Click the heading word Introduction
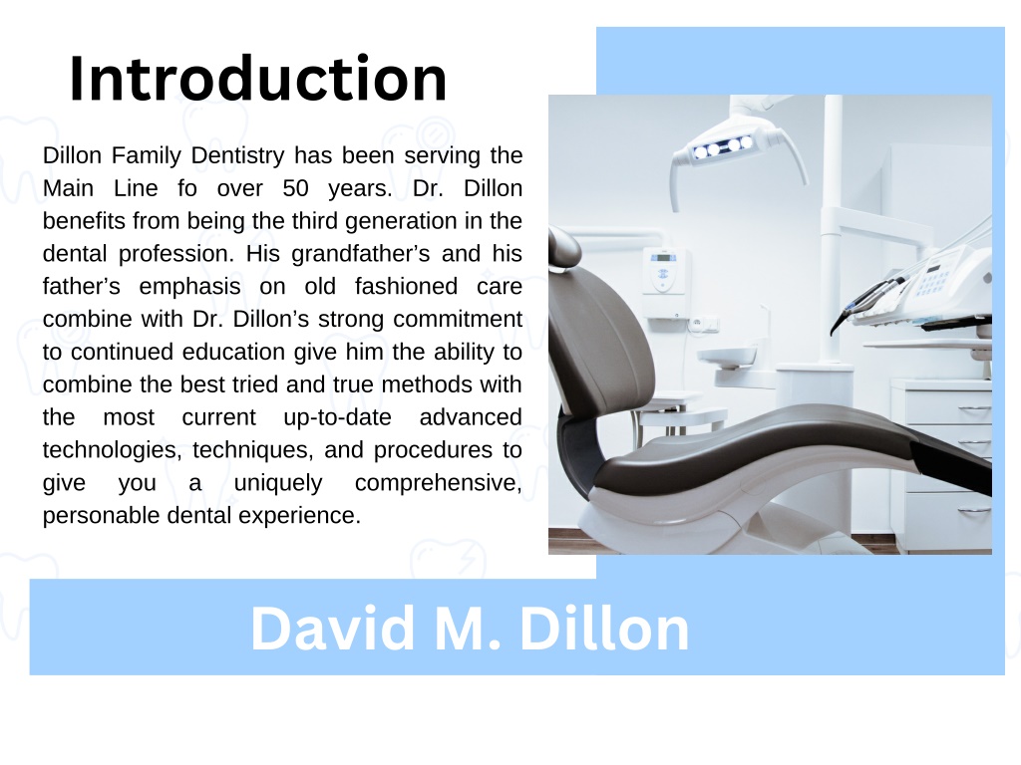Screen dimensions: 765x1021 coord(257,80)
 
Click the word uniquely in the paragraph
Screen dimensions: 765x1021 coord(278,483)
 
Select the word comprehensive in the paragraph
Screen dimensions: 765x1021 coord(437,483)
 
